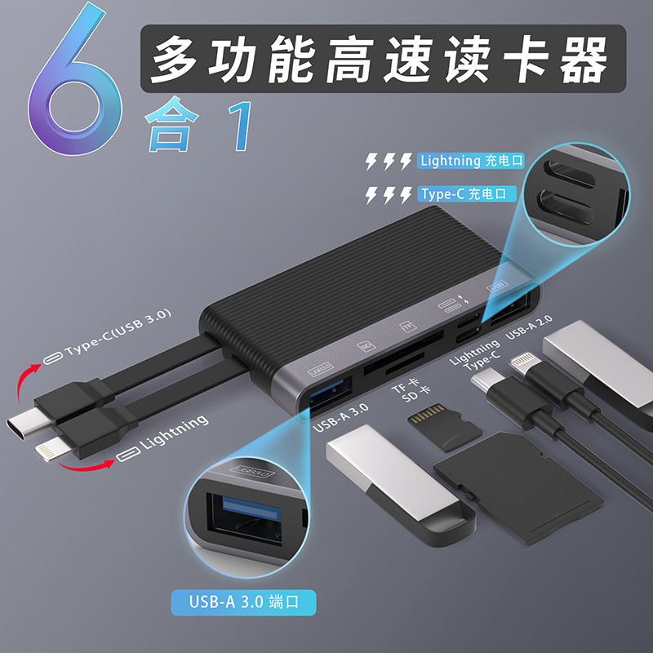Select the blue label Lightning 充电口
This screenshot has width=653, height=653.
(466, 161)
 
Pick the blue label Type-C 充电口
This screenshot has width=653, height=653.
(466, 194)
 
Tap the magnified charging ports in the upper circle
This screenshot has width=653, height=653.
(576, 193)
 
